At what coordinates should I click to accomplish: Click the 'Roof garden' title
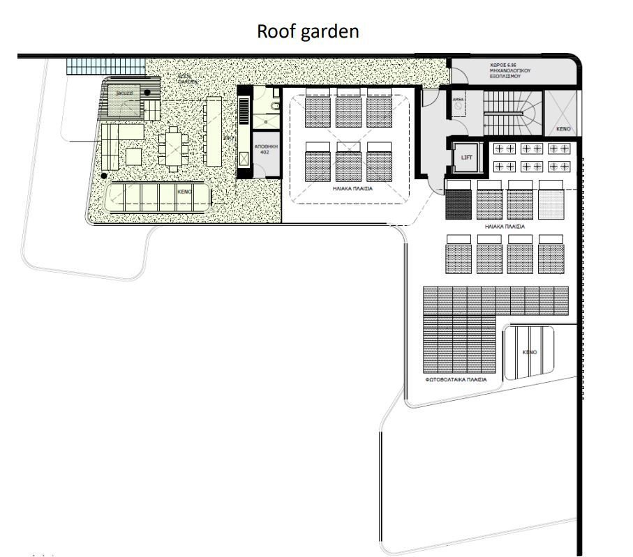[308, 31]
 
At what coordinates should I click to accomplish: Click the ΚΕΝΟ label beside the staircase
[563, 130]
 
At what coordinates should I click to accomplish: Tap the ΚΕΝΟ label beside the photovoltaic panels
[530, 352]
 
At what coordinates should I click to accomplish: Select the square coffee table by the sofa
[133, 155]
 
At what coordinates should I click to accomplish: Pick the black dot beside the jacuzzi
[148, 92]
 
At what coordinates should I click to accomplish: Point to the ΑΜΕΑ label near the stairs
[458, 100]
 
